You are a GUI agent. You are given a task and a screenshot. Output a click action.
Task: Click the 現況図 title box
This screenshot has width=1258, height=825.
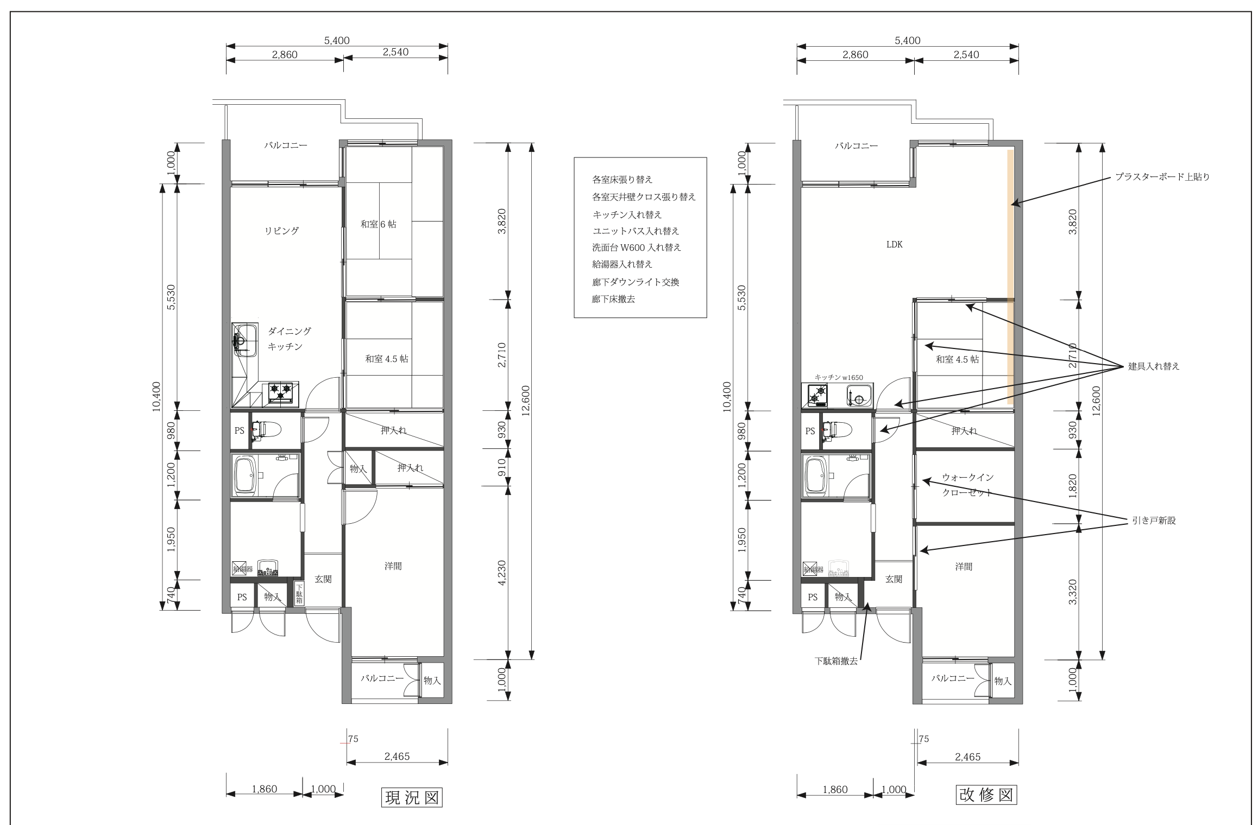click(411, 797)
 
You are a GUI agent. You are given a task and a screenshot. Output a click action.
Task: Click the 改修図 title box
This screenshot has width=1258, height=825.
click(986, 795)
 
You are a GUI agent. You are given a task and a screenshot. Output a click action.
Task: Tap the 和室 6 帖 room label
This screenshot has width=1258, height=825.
click(378, 224)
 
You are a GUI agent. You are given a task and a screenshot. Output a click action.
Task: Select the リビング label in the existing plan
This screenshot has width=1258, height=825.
click(281, 231)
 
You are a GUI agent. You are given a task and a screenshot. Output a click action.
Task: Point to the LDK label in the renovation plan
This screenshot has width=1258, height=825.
click(895, 245)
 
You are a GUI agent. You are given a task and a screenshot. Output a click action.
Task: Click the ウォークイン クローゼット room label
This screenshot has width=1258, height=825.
click(967, 485)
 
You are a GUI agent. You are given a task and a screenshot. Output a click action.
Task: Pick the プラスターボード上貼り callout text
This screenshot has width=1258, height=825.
click(1162, 177)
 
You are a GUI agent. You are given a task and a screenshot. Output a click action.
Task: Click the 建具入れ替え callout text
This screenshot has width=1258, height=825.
click(1154, 366)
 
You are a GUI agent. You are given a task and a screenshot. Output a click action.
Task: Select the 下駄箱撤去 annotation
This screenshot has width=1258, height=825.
click(836, 662)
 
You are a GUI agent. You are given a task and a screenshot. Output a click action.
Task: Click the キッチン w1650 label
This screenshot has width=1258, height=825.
click(839, 378)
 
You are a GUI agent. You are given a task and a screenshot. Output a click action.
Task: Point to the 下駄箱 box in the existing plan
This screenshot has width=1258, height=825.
click(299, 593)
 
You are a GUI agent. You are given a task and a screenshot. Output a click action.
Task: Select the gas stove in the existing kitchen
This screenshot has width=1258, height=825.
click(280, 394)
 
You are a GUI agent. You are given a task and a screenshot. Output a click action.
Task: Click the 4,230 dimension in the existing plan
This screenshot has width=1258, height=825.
click(501, 573)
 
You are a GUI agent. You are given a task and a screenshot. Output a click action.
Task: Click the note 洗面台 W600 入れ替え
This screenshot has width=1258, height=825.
click(637, 247)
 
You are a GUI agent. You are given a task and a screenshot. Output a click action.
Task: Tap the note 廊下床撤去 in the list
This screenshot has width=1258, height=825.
click(614, 299)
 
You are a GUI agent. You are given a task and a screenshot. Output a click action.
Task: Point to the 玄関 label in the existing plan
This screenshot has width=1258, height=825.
click(323, 579)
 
